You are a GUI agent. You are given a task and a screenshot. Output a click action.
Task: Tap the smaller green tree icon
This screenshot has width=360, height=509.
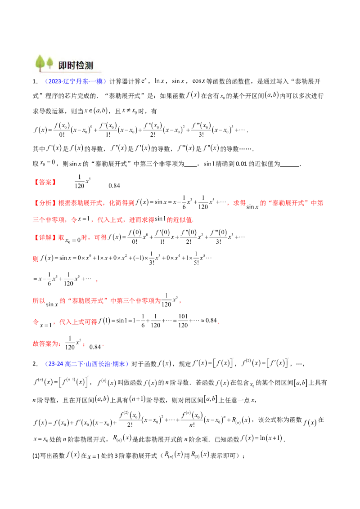coord(49,63)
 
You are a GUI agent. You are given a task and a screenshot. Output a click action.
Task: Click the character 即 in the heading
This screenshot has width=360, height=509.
coord(63,65)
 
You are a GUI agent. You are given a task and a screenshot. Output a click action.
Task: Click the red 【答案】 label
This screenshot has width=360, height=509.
coord(45,183)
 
